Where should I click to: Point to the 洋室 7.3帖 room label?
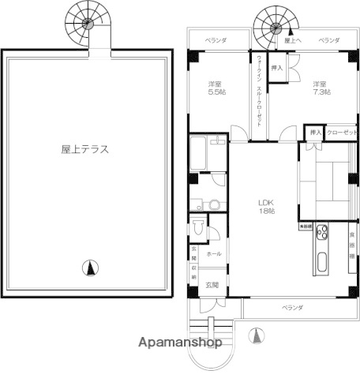(320, 88)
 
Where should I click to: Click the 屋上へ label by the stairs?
(292, 39)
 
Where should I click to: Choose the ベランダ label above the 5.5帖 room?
(216, 39)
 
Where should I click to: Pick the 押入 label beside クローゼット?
(313, 133)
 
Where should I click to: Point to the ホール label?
(213, 254)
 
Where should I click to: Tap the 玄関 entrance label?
(212, 284)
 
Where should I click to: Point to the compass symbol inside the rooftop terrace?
(92, 268)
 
